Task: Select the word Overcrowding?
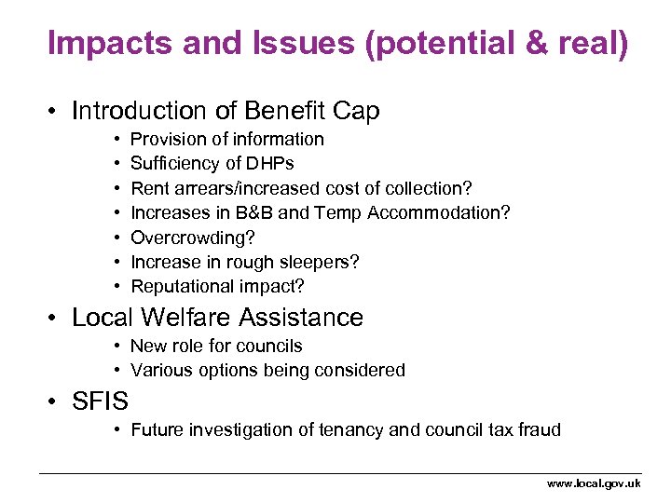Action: click(x=191, y=238)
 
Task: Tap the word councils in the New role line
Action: click(x=269, y=346)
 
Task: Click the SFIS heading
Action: click(x=100, y=401)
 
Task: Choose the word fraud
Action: click(x=539, y=429)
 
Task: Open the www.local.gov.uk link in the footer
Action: click(x=594, y=483)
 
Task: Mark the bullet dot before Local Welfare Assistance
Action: click(x=55, y=319)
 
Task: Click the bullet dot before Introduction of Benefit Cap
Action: click(x=55, y=112)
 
